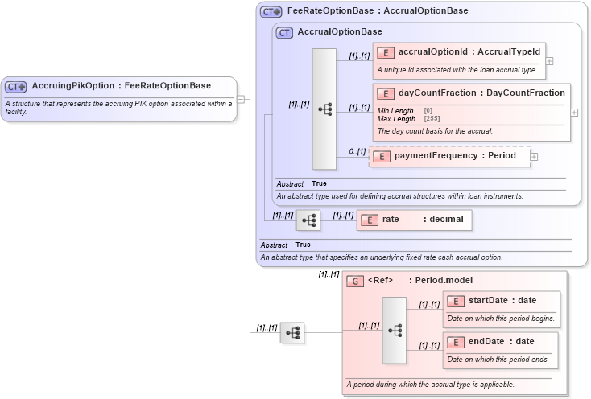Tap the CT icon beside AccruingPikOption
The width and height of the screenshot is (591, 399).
(x=16, y=87)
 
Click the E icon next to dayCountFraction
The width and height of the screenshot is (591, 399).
(x=385, y=93)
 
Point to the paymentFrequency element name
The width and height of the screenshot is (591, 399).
(x=433, y=156)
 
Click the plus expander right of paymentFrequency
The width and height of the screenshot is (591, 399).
(x=534, y=156)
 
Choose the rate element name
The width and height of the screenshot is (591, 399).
(x=391, y=219)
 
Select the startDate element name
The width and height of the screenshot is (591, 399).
(x=488, y=300)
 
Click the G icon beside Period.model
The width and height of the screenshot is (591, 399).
(x=355, y=281)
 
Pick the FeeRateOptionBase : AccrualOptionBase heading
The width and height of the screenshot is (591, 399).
(x=378, y=11)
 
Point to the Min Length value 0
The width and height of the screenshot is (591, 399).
(x=428, y=110)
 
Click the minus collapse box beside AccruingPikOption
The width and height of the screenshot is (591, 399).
(x=241, y=100)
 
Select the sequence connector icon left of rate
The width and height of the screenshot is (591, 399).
(x=308, y=220)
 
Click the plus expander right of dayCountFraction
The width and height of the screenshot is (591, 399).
(x=574, y=112)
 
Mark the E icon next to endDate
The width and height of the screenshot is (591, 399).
(x=455, y=342)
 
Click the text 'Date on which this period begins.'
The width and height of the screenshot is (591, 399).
(x=500, y=318)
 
